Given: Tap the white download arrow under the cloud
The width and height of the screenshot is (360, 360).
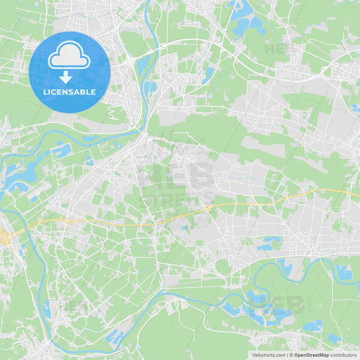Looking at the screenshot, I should tap(66, 77).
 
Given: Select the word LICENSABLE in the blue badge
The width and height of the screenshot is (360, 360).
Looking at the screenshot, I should tap(69, 92).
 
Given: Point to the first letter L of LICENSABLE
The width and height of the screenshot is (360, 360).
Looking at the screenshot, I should tap(45, 92).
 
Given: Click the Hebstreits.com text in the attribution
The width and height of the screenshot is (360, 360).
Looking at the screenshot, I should tap(268, 355).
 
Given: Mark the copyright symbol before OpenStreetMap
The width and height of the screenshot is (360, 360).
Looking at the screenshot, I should tap(292, 355).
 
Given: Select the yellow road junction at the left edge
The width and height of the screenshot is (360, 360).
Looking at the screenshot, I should tap(5, 238).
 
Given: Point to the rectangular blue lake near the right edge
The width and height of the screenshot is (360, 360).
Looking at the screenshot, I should tap(344, 272).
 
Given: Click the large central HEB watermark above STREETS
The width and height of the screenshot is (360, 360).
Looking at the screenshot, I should tap(177, 174).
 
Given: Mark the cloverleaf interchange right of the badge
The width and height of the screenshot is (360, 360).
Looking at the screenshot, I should tap(128, 61).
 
